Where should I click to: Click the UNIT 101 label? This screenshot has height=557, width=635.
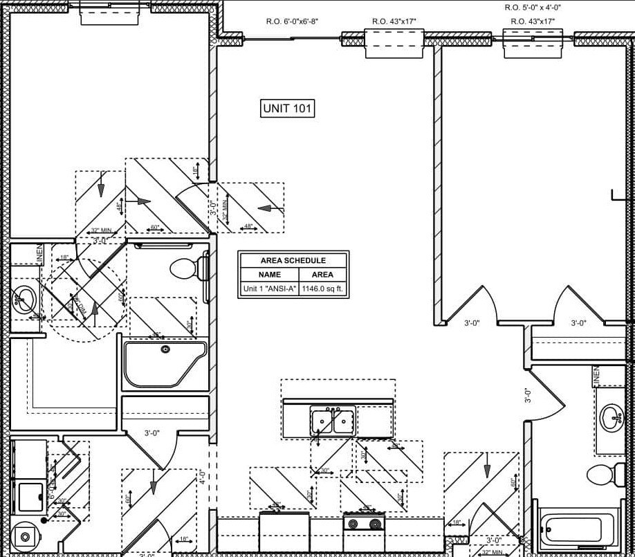point(288,108)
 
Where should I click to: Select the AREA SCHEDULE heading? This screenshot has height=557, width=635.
point(293,260)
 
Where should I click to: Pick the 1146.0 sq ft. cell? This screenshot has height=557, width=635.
point(322,289)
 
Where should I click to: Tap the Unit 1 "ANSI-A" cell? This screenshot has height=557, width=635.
point(269,289)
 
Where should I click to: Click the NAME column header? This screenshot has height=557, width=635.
point(269,275)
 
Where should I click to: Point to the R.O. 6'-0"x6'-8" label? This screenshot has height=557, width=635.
point(292,21)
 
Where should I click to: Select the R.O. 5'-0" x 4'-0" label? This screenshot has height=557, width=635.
point(532,8)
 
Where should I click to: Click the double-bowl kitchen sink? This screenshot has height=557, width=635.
point(333,421)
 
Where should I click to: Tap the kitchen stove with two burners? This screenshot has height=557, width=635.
point(364,524)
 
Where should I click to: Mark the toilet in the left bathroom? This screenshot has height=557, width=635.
point(187,268)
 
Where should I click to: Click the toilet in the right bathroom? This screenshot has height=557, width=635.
point(601,475)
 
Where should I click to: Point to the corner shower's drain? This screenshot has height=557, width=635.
point(165,349)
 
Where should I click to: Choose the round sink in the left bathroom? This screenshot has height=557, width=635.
point(26,299)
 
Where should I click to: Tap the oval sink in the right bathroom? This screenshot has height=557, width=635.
point(612,417)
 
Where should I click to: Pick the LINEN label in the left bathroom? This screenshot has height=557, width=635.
point(39,254)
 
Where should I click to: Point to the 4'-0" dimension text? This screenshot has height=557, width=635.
point(202,477)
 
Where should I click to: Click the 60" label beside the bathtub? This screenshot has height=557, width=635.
point(513,482)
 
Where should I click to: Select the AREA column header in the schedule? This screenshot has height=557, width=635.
point(322,275)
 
